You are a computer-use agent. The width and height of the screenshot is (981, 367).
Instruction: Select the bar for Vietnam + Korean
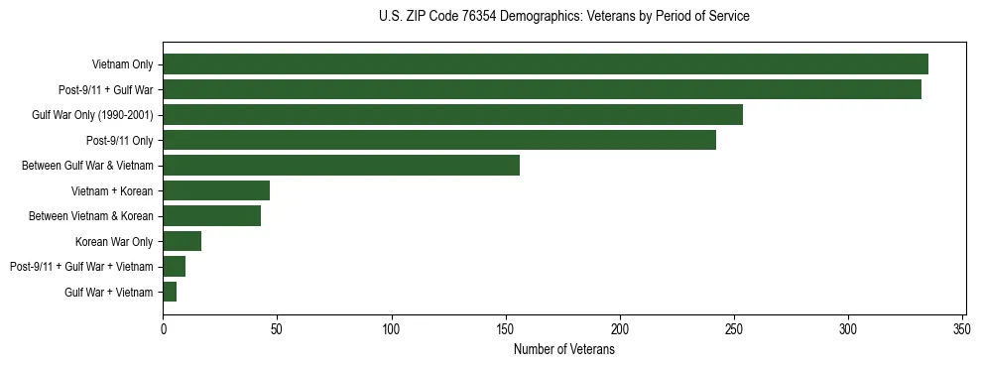(216, 190)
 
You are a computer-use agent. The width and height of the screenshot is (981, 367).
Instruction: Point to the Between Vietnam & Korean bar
(212, 216)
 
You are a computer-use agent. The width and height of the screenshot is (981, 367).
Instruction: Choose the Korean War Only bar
(183, 241)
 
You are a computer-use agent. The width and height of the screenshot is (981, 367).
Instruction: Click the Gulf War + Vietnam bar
(170, 292)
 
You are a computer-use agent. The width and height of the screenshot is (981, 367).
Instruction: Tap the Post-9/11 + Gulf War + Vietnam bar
(175, 267)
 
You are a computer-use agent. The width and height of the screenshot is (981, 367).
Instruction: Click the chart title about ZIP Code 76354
(563, 17)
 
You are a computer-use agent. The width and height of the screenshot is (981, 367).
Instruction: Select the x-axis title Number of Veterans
(563, 350)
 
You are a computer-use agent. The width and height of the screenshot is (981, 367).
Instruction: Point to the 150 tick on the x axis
(506, 328)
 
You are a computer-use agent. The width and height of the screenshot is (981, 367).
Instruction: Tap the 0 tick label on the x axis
(164, 328)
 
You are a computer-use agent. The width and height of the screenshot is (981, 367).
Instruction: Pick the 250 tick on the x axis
(734, 328)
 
